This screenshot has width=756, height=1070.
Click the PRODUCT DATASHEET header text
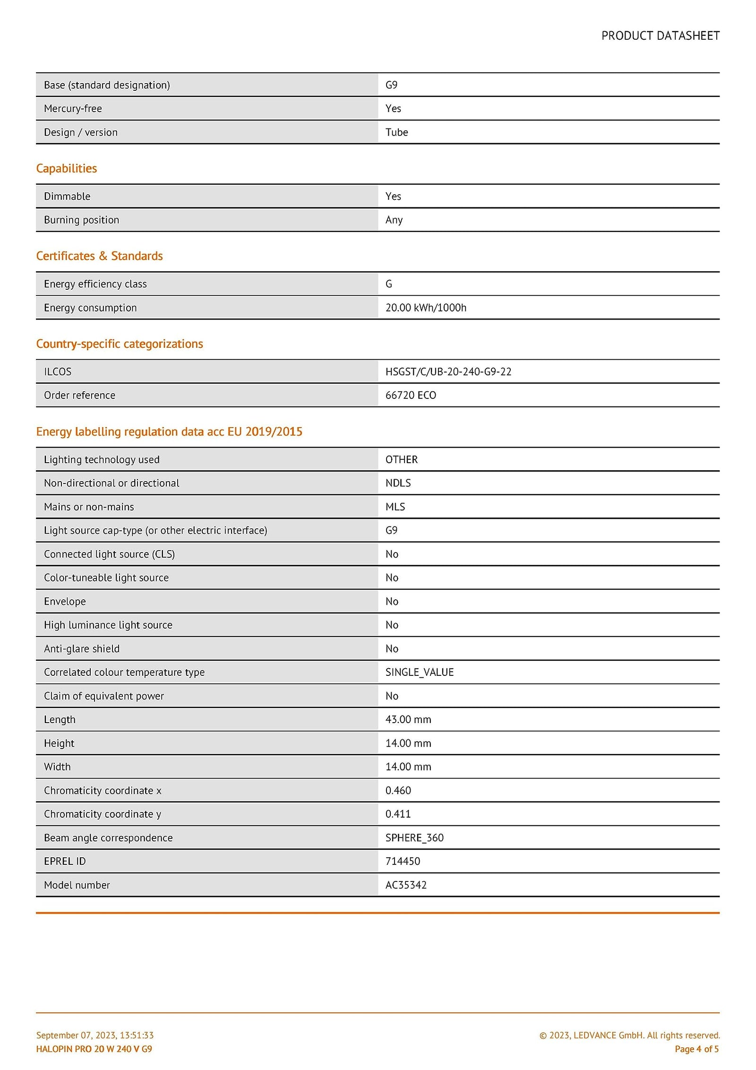[660, 36]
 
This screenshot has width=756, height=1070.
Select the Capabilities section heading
[67, 168]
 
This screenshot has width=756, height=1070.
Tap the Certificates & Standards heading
[99, 256]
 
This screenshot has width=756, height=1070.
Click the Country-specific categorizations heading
[120, 344]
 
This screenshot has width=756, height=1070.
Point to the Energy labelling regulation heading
[169, 431]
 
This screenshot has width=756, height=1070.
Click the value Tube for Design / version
[396, 132]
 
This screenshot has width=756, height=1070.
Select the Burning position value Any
[394, 220]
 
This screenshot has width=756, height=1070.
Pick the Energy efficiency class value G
[389, 284]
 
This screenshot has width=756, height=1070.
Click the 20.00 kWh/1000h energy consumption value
[426, 308]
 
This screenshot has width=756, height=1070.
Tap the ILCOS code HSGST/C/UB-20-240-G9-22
[448, 371]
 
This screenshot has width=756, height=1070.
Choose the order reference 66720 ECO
[411, 395]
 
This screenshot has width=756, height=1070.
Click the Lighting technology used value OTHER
[402, 459]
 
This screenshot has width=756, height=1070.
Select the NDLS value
[398, 483]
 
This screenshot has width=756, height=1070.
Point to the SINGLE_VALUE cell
[420, 672]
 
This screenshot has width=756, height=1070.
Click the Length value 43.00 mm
[408, 719]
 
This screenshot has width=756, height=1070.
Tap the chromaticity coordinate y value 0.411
[398, 814]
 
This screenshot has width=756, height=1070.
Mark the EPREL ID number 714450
[403, 861]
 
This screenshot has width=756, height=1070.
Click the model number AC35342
[406, 885]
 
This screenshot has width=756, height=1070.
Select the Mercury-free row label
[73, 109]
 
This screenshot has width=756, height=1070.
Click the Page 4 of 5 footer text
[696, 1049]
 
